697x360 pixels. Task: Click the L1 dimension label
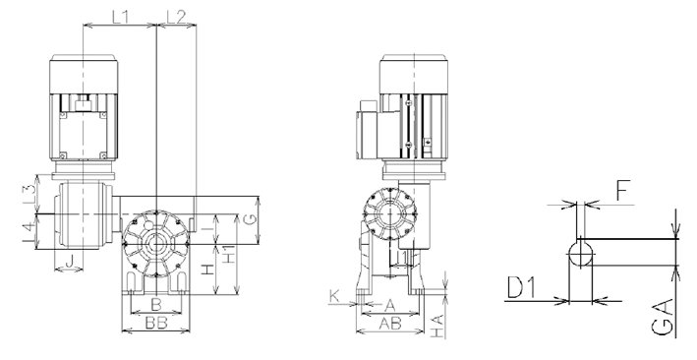(x=120, y=17)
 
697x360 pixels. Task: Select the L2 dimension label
(x=176, y=17)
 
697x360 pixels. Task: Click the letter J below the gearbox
(x=70, y=263)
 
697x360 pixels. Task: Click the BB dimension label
(x=156, y=323)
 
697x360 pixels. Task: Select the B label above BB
(x=155, y=305)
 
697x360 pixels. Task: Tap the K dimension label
(x=334, y=296)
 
